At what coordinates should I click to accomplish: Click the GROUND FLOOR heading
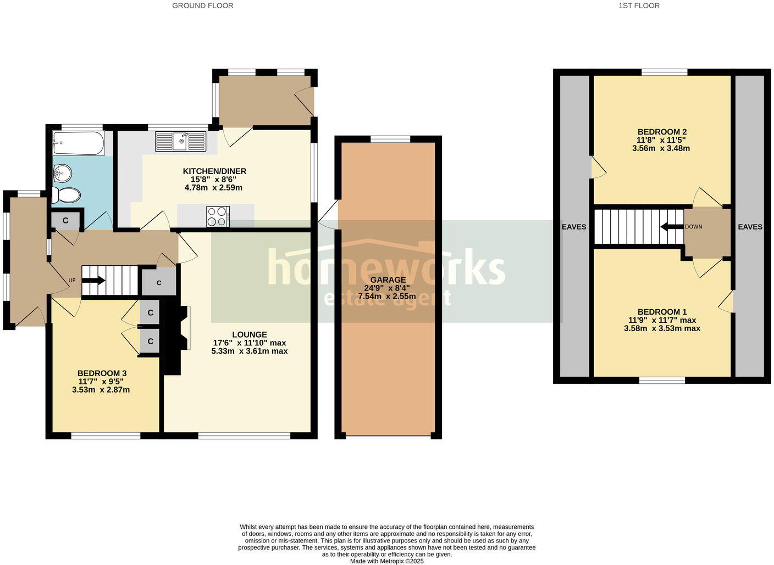tap(202, 5)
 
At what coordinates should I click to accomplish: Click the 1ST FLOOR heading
tap(639, 5)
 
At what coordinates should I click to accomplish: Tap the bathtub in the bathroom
tap(78, 143)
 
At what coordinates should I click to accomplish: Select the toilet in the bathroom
tap(67, 194)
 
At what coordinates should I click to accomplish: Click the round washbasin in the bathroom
tap(63, 174)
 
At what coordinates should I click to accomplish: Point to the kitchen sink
tap(180, 141)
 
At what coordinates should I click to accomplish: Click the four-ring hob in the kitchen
tap(218, 216)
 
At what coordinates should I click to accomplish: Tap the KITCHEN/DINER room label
tap(214, 171)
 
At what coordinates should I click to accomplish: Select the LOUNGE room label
tap(249, 334)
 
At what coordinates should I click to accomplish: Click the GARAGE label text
tap(388, 279)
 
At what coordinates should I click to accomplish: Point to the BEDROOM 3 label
tap(102, 373)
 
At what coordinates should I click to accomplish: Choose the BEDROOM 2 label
tap(662, 132)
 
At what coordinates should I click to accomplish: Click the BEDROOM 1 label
tap(662, 312)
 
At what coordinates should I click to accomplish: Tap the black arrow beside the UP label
tap(94, 281)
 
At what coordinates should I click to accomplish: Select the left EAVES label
tap(574, 227)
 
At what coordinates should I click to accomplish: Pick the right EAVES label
tap(750, 227)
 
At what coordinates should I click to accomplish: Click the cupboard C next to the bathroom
tap(65, 221)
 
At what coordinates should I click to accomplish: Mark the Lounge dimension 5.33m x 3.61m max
tap(249, 351)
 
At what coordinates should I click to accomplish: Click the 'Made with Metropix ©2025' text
tap(387, 561)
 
